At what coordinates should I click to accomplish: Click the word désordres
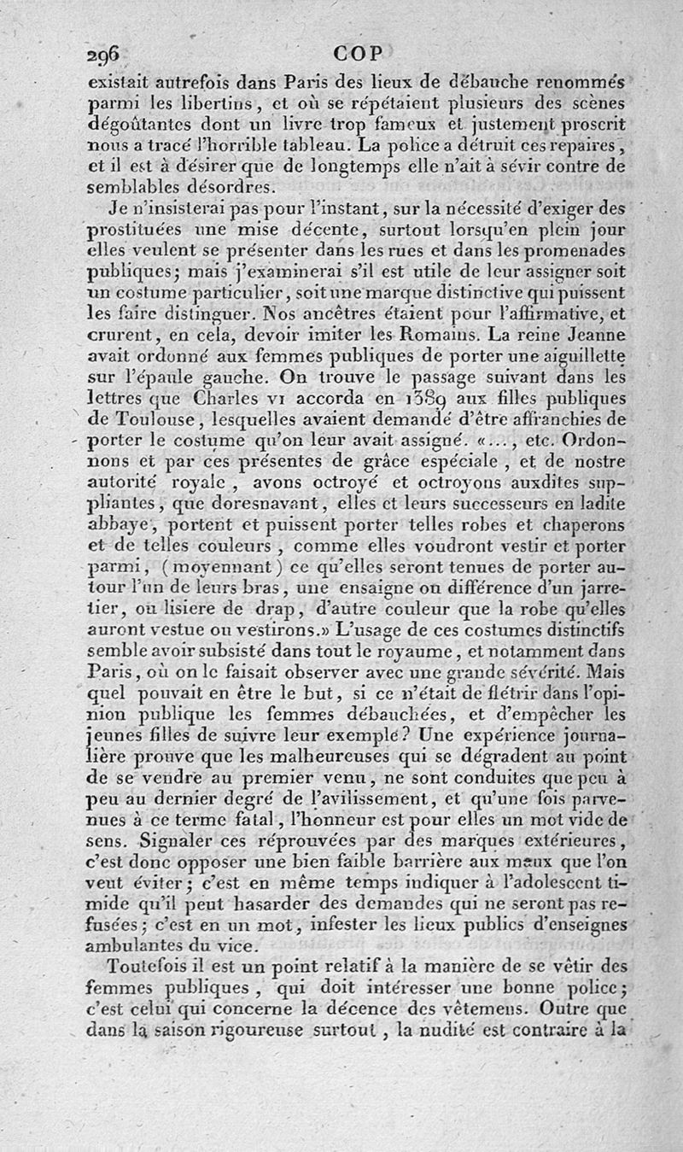210,187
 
